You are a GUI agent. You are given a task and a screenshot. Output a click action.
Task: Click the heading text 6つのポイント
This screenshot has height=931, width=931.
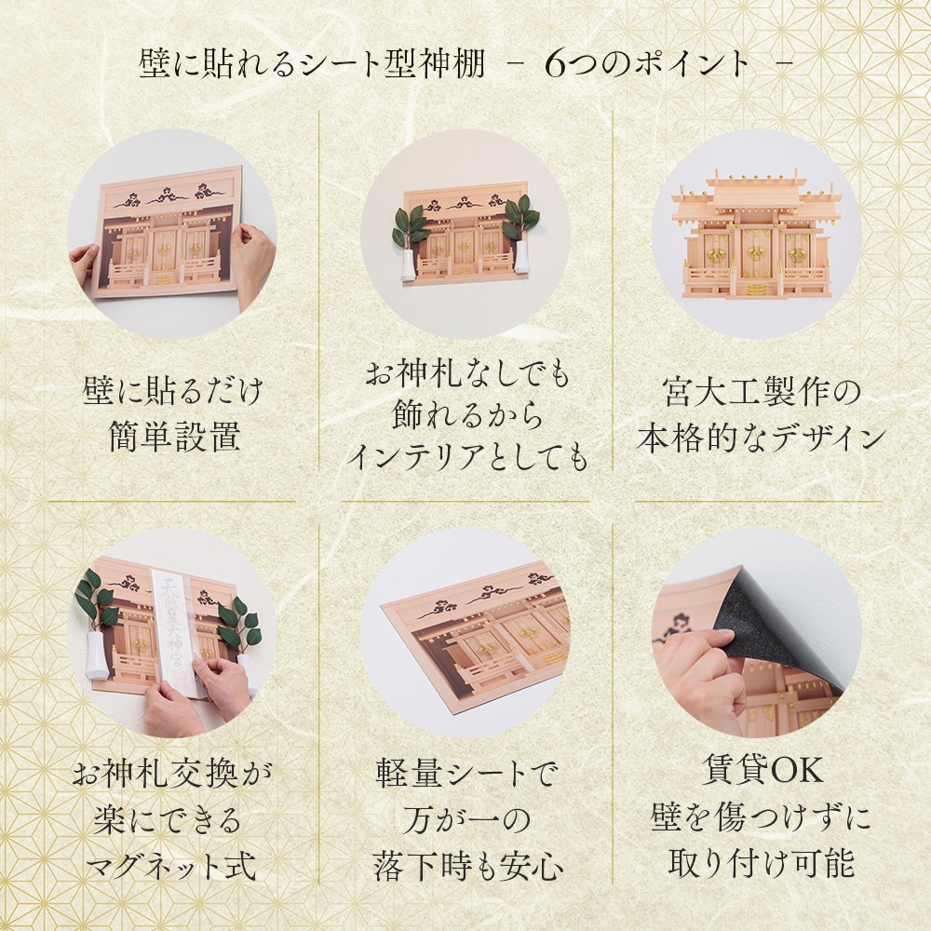pos(647,64)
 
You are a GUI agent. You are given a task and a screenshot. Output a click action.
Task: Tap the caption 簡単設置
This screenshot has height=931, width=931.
pos(175,437)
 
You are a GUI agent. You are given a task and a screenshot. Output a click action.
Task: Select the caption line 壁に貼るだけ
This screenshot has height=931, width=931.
pos(172,391)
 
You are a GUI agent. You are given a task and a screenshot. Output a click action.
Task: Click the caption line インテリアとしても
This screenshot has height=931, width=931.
pos(466,456)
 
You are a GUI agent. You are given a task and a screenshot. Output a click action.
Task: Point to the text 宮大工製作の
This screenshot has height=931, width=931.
pos(762,392)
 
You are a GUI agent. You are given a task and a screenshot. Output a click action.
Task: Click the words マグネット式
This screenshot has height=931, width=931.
pos(171,866)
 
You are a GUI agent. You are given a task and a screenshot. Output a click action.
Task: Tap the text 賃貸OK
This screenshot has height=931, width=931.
pos(762,770)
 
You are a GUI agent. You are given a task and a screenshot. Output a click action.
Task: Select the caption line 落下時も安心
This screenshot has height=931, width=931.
pos(468,866)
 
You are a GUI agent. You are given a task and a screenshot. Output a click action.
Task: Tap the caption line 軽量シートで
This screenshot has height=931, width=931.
pos(467,773)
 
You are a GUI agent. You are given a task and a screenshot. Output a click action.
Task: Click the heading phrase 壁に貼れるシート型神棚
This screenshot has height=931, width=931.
pos(313,64)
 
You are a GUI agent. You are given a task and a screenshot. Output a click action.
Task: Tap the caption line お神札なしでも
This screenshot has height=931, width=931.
pos(467,372)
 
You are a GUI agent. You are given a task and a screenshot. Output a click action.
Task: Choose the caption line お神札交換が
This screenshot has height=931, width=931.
pos(171,773)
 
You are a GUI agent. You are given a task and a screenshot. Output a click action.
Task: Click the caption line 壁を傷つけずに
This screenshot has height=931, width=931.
pos(762,816)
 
